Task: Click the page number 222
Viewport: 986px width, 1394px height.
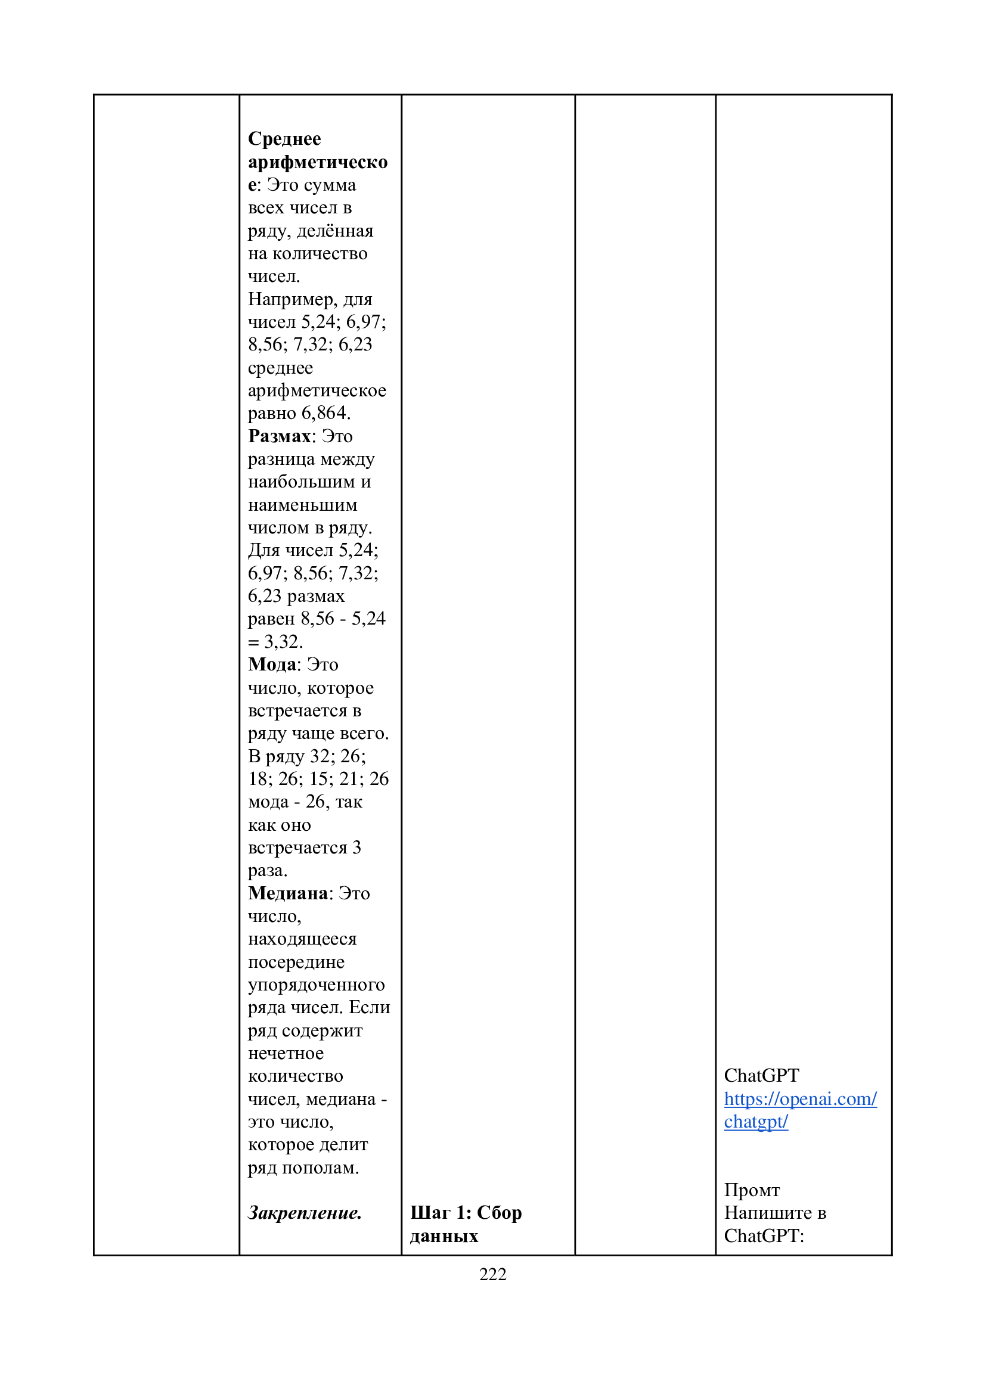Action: point(492,1274)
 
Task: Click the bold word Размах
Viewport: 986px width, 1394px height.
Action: point(279,436)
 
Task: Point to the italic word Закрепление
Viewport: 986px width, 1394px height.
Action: point(304,1212)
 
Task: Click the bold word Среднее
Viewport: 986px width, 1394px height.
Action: point(284,138)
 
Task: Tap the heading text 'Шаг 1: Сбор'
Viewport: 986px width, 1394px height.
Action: point(466,1212)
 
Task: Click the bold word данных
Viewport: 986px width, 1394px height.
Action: point(444,1235)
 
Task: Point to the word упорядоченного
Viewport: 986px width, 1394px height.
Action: point(316,984)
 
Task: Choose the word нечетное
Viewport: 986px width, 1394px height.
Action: point(286,1053)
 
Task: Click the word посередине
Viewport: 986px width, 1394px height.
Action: point(296,962)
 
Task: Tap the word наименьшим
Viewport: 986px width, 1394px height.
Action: point(302,505)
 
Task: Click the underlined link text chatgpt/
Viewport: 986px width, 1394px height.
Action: point(756,1122)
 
